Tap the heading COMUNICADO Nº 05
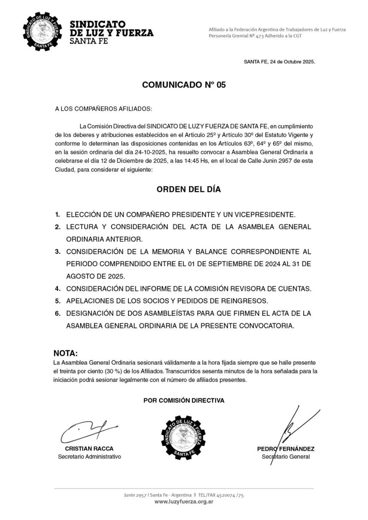pyautogui.click(x=184, y=85)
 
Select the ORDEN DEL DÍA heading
pyautogui.click(x=189, y=189)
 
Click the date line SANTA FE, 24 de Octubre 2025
pyautogui.click(x=279, y=62)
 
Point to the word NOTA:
pyautogui.click(x=66, y=353)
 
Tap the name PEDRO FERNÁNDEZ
pyautogui.click(x=286, y=449)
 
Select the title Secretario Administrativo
pyautogui.click(x=89, y=456)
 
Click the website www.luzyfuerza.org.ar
pyautogui.click(x=184, y=502)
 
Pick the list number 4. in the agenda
pyautogui.click(x=58, y=289)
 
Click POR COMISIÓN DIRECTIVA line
pyautogui.click(x=184, y=401)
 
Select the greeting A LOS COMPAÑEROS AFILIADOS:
pyautogui.click(x=103, y=109)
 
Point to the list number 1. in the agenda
pyautogui.click(x=58, y=215)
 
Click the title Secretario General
pyautogui.click(x=286, y=456)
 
